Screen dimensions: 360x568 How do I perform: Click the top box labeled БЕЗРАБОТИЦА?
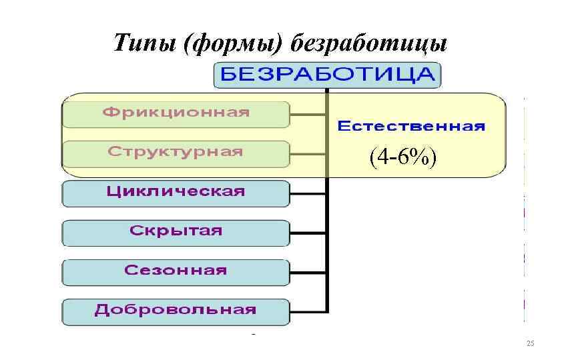[327, 75]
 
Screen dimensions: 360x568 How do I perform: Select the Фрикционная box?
[176, 114]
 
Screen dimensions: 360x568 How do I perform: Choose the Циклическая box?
[176, 193]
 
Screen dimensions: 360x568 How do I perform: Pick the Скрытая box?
[176, 233]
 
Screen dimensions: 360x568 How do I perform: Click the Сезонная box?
[176, 272]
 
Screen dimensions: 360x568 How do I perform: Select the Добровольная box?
[176, 311]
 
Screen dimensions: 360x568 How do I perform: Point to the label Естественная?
[411, 126]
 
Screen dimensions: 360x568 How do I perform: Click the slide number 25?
[531, 343]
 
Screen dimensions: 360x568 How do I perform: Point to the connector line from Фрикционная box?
[308, 114]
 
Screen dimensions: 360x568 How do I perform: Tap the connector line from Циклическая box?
[308, 193]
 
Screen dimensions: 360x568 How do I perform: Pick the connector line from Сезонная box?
[308, 273]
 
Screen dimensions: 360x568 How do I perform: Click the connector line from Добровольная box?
[308, 311]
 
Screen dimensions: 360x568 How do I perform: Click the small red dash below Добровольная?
[254, 331]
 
